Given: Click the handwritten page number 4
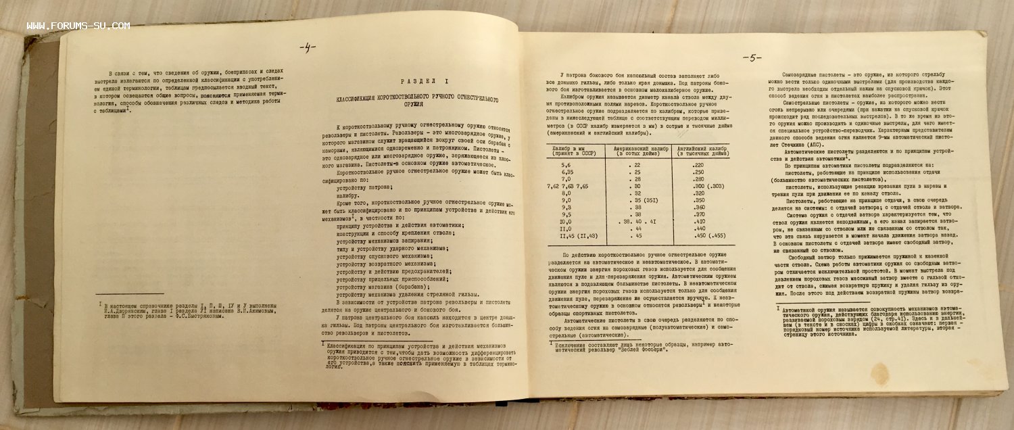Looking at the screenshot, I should coord(308,47).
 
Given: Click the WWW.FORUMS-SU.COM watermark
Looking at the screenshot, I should coord(78,26).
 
